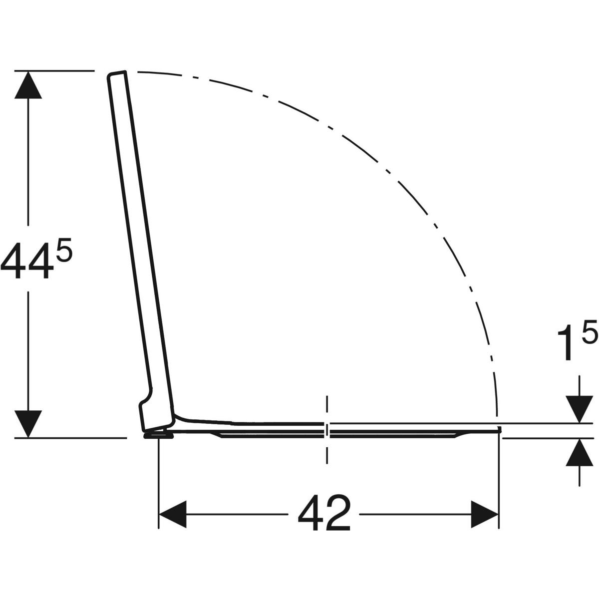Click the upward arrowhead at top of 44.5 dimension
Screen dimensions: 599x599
tap(28, 85)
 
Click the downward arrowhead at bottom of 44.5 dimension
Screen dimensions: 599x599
tap(28, 424)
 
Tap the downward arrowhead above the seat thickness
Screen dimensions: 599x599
tap(579, 409)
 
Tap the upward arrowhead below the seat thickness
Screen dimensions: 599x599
tap(579, 452)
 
